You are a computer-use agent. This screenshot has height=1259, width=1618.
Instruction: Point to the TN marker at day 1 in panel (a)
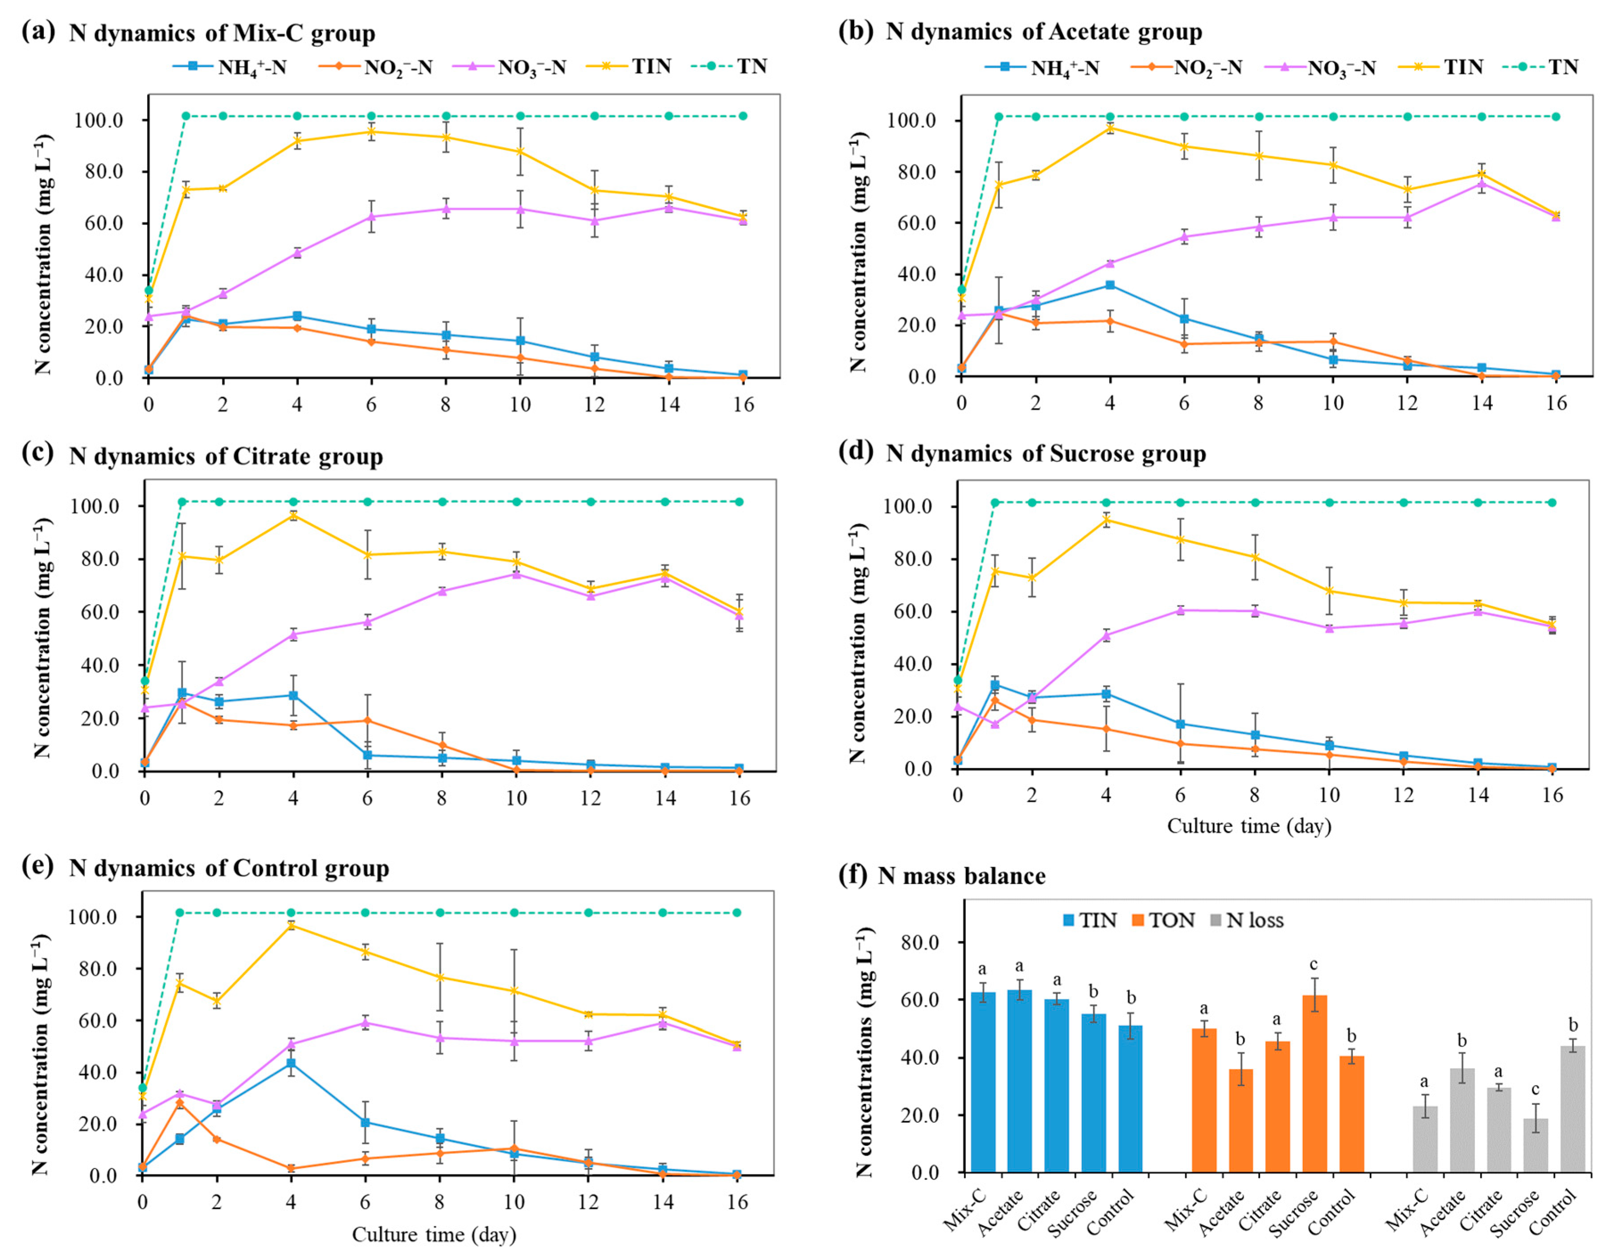[186, 115]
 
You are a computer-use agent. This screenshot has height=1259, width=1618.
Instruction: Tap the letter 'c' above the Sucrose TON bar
[1314, 964]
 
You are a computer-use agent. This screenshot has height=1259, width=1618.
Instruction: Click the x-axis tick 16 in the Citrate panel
[739, 798]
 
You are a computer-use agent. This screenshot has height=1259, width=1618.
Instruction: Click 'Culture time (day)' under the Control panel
[433, 1234]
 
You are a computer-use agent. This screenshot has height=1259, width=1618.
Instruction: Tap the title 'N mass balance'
[961, 876]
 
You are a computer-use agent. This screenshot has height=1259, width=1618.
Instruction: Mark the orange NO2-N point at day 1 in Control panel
[179, 1102]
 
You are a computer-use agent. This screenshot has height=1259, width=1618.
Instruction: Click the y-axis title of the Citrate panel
[43, 637]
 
